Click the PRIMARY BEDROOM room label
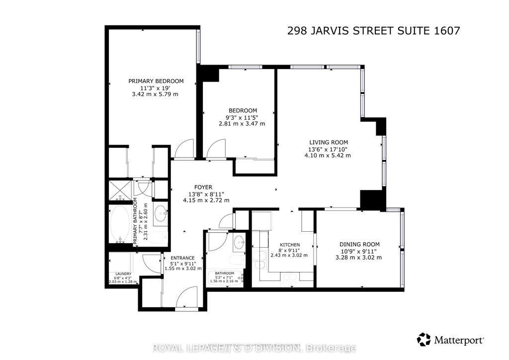pos(156,81)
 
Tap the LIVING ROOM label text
pos(328,142)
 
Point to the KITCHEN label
pos(289,245)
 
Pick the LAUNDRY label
pos(123,274)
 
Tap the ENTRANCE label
pos(183,258)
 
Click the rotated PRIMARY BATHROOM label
pos(135,221)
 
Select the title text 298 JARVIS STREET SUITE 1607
pos(373,31)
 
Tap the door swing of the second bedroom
pos(216,149)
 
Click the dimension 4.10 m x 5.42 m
pos(328,155)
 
